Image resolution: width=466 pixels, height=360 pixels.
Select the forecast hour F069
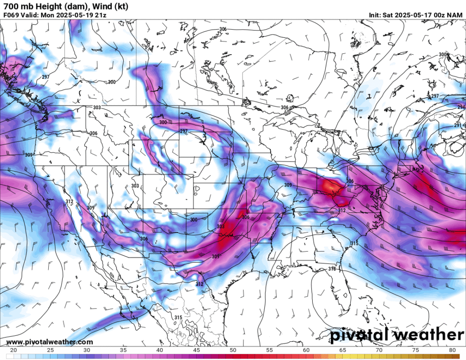(11, 15)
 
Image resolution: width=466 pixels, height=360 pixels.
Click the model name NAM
(455, 15)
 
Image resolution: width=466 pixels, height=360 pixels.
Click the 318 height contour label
(332, 269)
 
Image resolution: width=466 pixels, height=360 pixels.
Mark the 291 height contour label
(457, 125)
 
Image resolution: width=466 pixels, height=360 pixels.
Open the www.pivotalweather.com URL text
(50, 342)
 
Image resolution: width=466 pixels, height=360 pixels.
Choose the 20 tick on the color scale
(12, 350)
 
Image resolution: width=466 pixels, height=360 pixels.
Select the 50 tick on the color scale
(233, 350)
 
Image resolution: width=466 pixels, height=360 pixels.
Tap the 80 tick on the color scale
(453, 350)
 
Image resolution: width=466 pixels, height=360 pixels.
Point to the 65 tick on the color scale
(343, 350)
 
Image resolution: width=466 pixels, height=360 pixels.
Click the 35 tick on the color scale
(122, 350)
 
